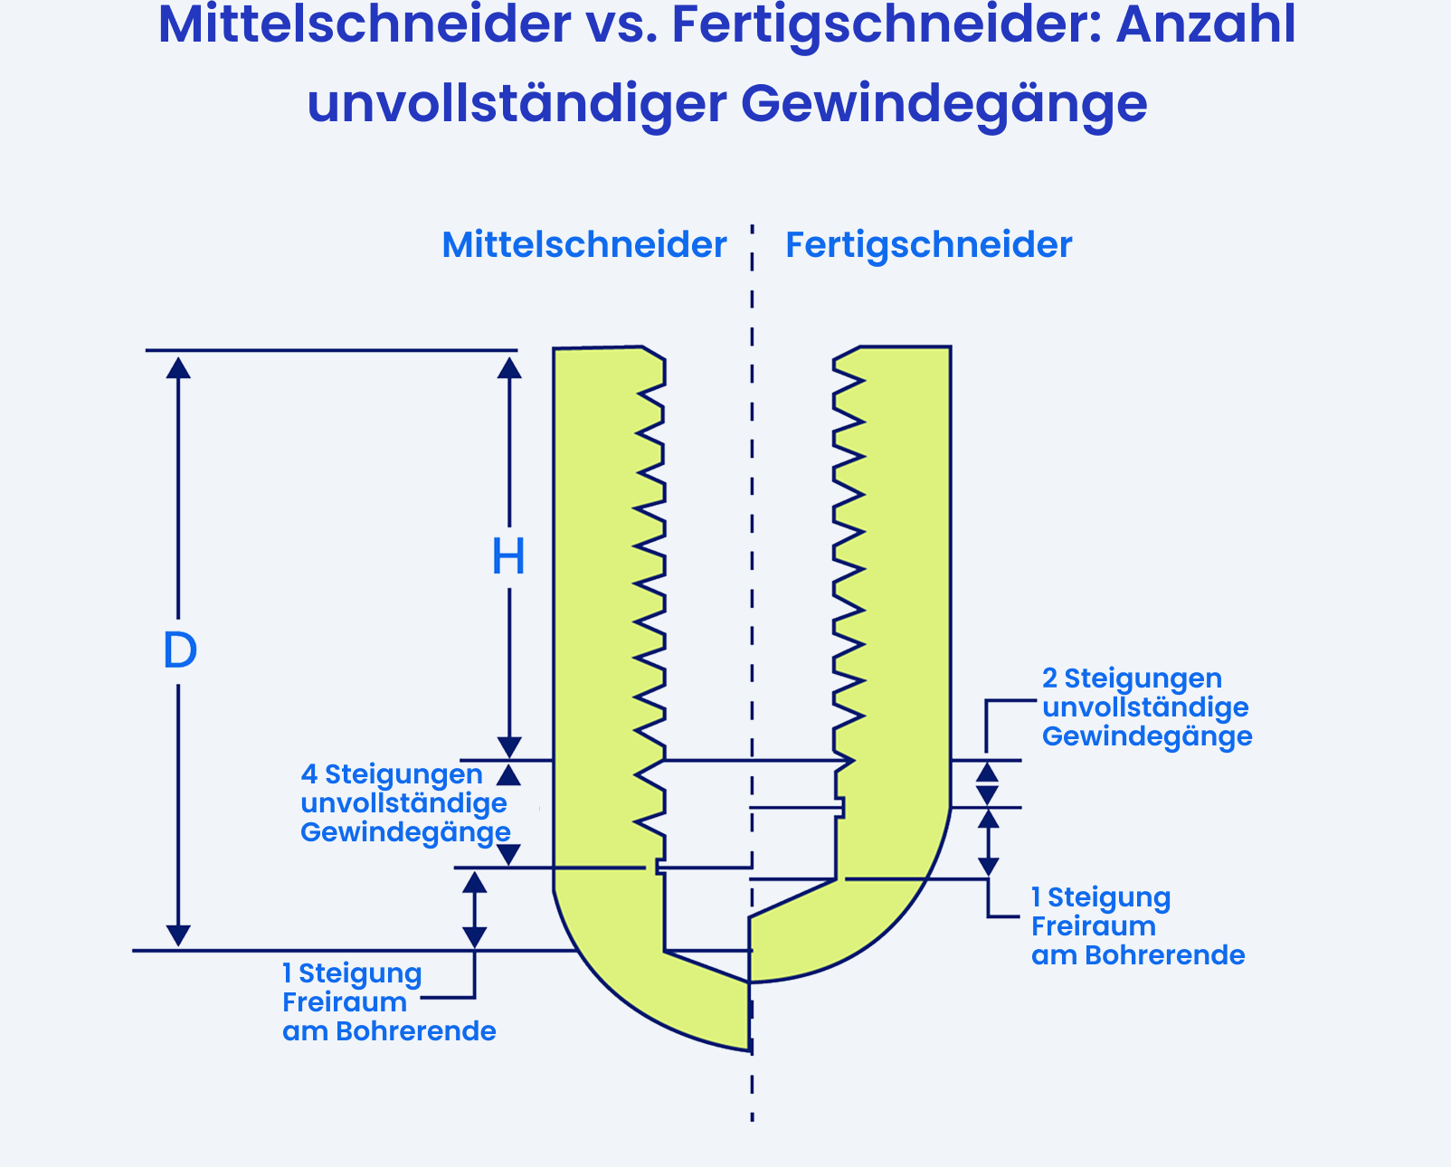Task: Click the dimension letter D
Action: pyautogui.click(x=180, y=650)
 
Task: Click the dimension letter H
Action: pyautogui.click(x=508, y=557)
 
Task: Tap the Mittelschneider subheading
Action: pyautogui.click(x=583, y=245)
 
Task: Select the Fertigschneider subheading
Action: pyautogui.click(x=928, y=245)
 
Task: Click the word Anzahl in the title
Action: pyautogui.click(x=1206, y=25)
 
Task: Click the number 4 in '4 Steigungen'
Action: pyautogui.click(x=308, y=774)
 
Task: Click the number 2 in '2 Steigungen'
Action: pyautogui.click(x=1050, y=678)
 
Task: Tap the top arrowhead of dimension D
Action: pyautogui.click(x=178, y=367)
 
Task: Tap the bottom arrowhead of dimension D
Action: pyautogui.click(x=178, y=935)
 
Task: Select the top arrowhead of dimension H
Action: pyautogui.click(x=509, y=367)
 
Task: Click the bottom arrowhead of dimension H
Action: pyautogui.click(x=509, y=747)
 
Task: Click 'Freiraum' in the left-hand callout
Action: pyautogui.click(x=345, y=1002)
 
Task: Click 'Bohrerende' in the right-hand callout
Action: pyautogui.click(x=1164, y=955)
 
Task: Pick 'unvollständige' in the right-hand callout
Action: pyautogui.click(x=1145, y=707)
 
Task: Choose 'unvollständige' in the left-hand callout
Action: pyautogui.click(x=403, y=803)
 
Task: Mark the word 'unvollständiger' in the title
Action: pyautogui.click(x=517, y=105)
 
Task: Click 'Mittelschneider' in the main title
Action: pyautogui.click(x=365, y=25)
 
